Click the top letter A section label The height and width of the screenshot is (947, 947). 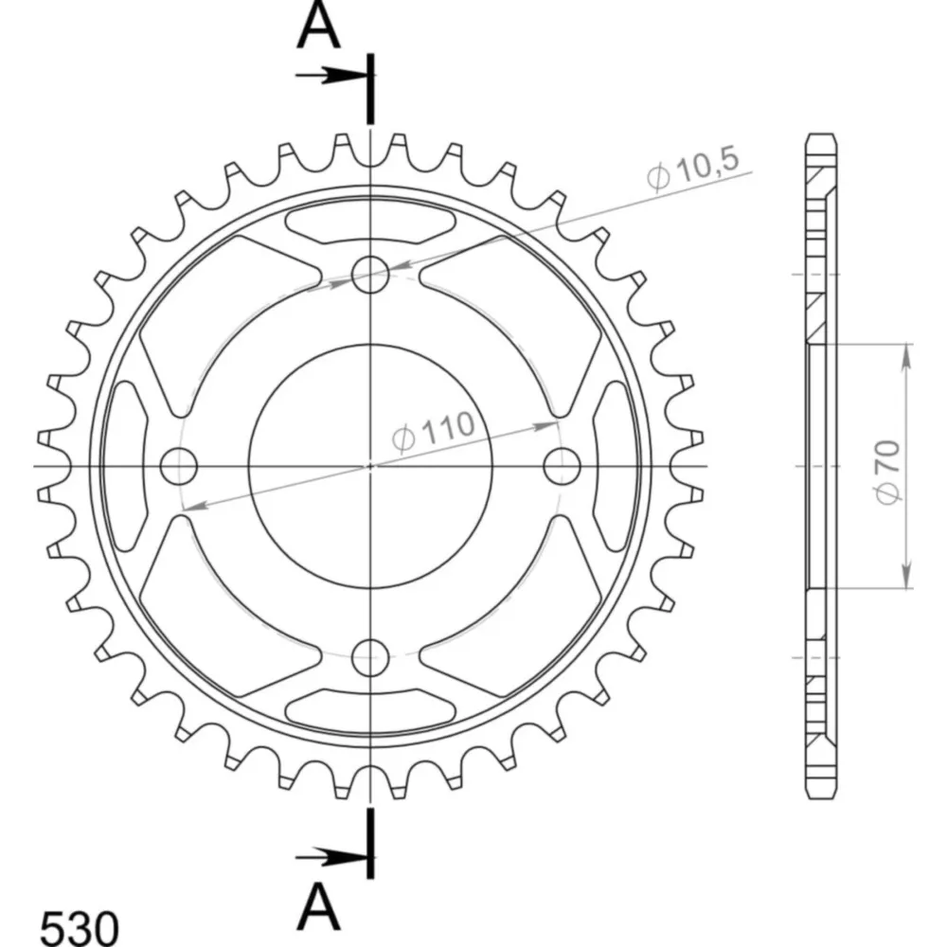point(319,27)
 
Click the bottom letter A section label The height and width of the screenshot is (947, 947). point(319,907)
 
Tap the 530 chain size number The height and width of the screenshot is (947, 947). point(80,926)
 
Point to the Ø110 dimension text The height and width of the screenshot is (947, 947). point(433,431)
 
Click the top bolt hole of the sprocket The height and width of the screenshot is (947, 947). point(370,275)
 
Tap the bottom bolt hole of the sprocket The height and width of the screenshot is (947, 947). point(370,657)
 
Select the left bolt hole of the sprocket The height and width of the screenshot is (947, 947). point(179,466)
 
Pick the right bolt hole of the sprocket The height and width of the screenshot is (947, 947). point(562,466)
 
